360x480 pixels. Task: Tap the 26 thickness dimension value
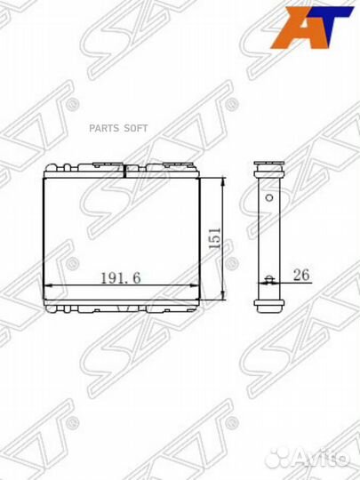pyautogui.click(x=300, y=276)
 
